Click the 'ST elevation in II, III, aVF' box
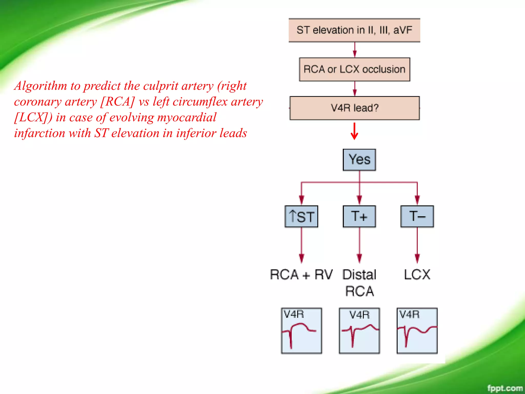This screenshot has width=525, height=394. tap(354, 30)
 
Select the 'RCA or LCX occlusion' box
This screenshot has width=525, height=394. tap(355, 70)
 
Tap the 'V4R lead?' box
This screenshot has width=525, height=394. tap(355, 108)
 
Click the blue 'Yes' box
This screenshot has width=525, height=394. tap(359, 160)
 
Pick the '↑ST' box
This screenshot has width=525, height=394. tap(301, 216)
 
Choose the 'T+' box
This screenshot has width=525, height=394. tap(359, 216)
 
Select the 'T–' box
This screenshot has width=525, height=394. tap(417, 216)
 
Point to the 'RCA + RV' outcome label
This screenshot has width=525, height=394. tap(301, 275)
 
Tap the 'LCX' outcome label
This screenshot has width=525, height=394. tap(417, 275)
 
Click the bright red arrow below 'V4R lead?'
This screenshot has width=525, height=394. tap(354, 131)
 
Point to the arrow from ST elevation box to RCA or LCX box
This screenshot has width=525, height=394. tap(355, 50)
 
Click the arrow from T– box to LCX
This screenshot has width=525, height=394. tap(417, 245)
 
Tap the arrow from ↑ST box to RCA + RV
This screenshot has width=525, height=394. tap(301, 245)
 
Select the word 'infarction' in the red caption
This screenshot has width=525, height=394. tap(39, 133)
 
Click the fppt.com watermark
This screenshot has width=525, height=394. tap(504, 388)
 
